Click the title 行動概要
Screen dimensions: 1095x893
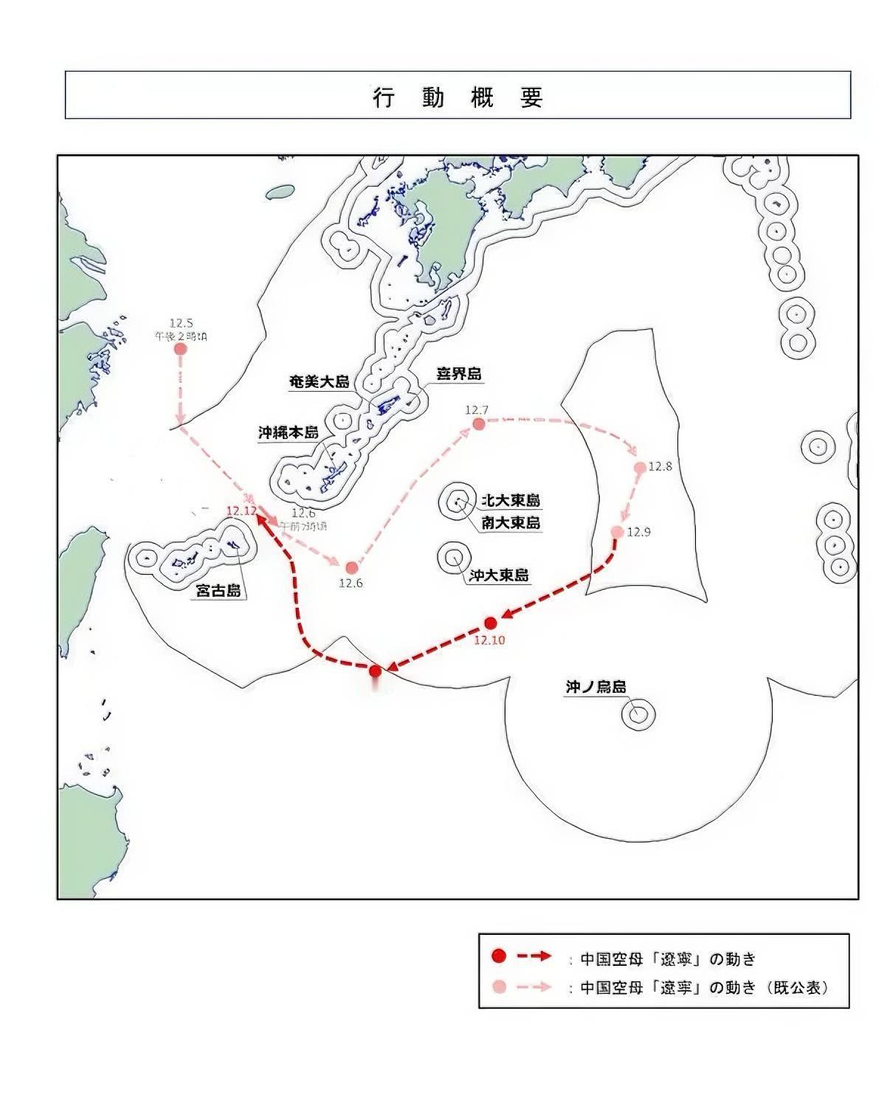coord(458,97)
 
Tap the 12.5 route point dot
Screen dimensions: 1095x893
coord(180,348)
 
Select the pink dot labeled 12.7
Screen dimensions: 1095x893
coord(479,424)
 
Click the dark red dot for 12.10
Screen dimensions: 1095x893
coord(491,623)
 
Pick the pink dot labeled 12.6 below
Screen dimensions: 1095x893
coord(352,567)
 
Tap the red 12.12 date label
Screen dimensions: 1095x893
coord(242,511)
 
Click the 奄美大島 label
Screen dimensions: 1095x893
coord(319,382)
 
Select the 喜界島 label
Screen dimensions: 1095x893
coord(458,374)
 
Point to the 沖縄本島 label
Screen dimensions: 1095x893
coord(288,432)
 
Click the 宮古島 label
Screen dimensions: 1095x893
coord(218,590)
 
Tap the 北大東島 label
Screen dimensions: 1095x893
coord(510,500)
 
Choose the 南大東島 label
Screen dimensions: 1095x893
coord(510,522)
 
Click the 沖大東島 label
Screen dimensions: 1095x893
coord(499,575)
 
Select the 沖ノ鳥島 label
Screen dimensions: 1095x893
coord(596,687)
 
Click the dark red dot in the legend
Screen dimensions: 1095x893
coord(500,957)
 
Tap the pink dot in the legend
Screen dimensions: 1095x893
coord(500,987)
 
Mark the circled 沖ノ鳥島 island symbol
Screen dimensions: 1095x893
coord(638,714)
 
